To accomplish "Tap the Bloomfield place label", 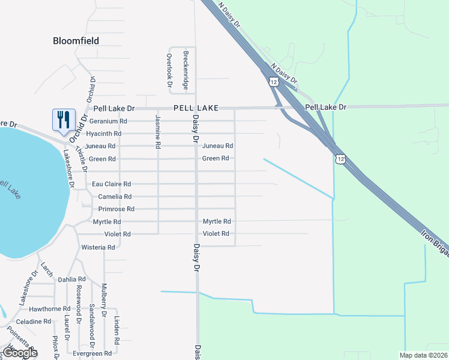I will tap(76, 41).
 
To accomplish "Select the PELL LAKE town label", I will tap(196, 108).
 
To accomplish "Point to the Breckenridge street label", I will tap(186, 70).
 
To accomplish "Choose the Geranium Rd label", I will tap(108, 121).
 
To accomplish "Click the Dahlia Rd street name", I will tap(71, 280).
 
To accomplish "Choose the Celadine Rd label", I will tap(33, 322).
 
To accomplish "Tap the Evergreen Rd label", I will tap(92, 353).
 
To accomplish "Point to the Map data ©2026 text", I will tap(423, 355).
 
